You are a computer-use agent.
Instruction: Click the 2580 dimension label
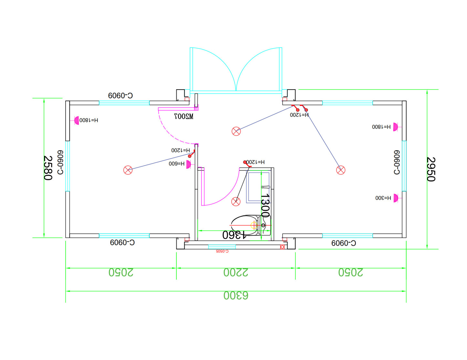coord(48,168)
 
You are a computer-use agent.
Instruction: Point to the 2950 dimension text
coord(431,169)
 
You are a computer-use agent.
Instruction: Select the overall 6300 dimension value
coord(236,295)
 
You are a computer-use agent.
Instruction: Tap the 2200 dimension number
coord(236,272)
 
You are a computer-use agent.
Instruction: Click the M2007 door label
coord(184,116)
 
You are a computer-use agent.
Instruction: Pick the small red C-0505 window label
coord(222,251)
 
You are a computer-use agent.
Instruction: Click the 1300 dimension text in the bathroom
coord(265,205)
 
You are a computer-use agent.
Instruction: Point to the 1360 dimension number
coord(234,235)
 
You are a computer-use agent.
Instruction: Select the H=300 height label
coord(383,198)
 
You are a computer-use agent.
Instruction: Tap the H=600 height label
coord(176,164)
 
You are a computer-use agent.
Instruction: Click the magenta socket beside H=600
coord(189,164)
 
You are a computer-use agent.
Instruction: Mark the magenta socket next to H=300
coord(396,198)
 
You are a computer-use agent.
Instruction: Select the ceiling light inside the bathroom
coord(236,202)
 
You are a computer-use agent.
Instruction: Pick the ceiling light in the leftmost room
coord(128,170)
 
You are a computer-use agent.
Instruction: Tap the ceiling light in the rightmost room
coord(341,170)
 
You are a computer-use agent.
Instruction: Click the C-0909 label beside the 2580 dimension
coord(60,162)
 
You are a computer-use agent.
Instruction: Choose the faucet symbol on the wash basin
coord(266,187)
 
